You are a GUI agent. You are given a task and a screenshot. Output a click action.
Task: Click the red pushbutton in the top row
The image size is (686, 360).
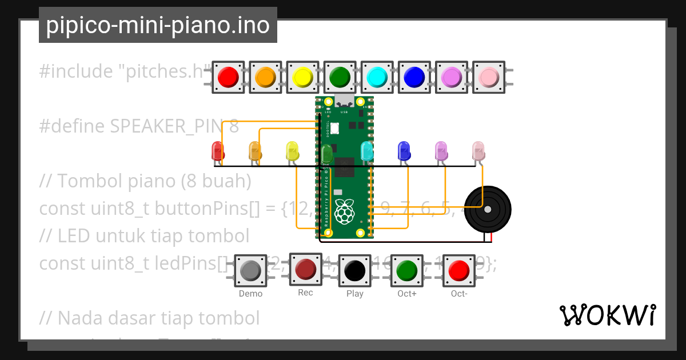[x=228, y=77]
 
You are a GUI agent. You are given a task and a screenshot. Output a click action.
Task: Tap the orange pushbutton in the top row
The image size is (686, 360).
[x=265, y=77]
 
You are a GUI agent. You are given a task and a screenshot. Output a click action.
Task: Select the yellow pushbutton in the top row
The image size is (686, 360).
[x=302, y=77]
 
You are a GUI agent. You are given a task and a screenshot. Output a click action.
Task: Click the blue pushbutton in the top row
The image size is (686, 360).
[x=414, y=77]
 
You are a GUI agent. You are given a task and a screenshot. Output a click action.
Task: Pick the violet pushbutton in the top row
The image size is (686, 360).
[x=451, y=77]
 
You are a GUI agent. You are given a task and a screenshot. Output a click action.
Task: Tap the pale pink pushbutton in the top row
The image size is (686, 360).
[x=489, y=77]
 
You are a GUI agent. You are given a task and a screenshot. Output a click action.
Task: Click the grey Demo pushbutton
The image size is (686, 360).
[x=250, y=270]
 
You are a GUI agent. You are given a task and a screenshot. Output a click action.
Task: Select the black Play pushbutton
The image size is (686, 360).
[x=355, y=270]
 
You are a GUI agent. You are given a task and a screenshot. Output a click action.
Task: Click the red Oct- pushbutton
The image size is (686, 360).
[x=459, y=270]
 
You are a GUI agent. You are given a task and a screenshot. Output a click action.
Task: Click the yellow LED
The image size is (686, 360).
[x=292, y=151]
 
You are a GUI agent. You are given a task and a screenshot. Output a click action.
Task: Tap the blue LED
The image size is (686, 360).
[x=404, y=151]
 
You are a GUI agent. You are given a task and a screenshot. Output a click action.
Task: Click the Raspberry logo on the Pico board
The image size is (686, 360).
[x=344, y=211]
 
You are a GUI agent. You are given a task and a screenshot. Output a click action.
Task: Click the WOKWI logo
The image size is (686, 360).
[x=608, y=315]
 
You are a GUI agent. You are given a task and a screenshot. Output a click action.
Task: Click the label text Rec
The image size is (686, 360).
[x=305, y=293]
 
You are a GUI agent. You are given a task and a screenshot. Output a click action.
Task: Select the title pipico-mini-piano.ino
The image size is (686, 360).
[x=158, y=25]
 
